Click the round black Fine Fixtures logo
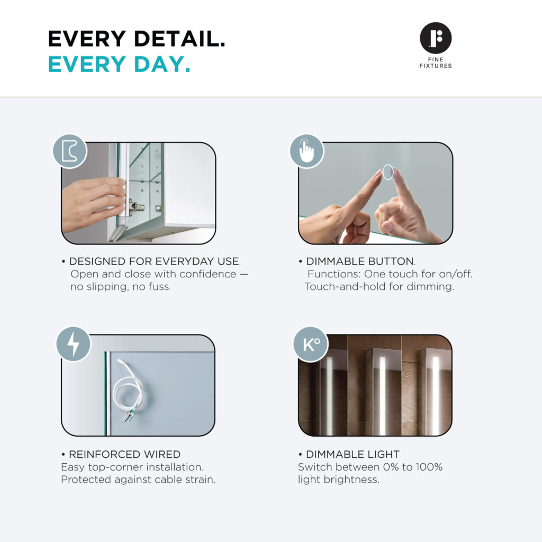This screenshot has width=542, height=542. (436, 38)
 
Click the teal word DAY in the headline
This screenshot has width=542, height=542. (162, 64)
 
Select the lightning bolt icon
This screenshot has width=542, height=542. (73, 344)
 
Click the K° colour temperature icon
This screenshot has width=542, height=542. (311, 344)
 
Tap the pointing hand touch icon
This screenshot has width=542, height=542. (306, 151)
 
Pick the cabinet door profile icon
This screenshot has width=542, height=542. (69, 151)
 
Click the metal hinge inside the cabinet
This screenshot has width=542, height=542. (136, 207)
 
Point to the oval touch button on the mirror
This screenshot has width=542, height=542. (388, 172)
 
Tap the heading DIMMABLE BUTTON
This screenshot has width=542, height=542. (360, 261)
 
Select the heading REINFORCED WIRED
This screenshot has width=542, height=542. (125, 454)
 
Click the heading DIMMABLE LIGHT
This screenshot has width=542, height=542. (353, 454)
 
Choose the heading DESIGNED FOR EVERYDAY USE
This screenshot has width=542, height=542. (154, 261)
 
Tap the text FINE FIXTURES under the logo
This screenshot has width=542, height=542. (436, 62)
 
